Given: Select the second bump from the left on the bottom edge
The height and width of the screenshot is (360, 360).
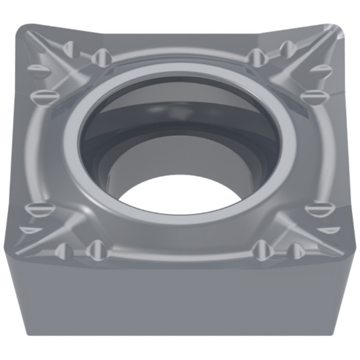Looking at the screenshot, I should (97, 247).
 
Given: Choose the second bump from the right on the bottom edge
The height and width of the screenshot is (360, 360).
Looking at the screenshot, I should (261, 247).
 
